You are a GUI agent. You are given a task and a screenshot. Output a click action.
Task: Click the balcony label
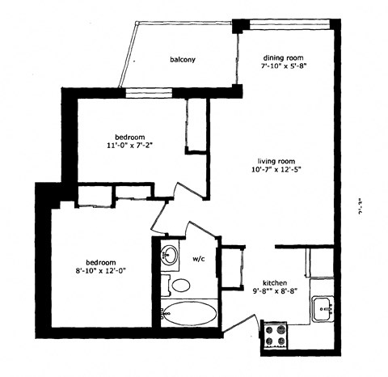[x=183, y=60]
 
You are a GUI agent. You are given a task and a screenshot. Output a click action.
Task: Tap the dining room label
[x=283, y=58]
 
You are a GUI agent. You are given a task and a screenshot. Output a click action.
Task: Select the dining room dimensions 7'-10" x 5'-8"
[x=283, y=68]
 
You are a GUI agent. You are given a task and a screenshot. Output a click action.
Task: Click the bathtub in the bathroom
[x=190, y=312]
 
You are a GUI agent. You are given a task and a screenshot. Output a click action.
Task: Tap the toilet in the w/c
[x=180, y=285]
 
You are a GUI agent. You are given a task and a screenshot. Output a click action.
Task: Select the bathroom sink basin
[x=170, y=256]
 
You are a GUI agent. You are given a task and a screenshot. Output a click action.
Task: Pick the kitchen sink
[x=324, y=308]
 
